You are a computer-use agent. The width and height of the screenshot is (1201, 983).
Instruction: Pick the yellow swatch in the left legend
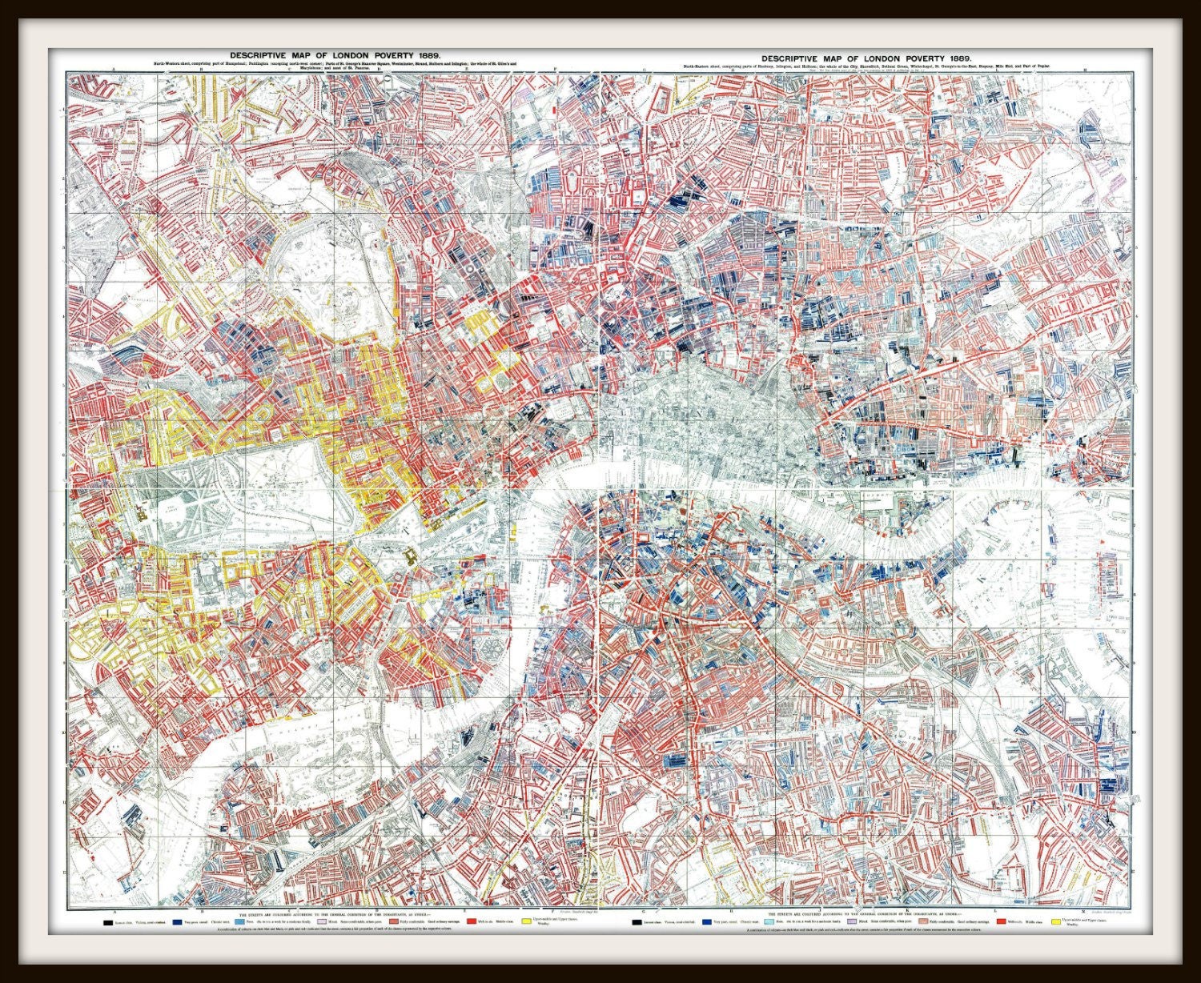[x=525, y=922]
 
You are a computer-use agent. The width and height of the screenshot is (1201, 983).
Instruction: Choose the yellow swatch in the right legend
[x=1055, y=922]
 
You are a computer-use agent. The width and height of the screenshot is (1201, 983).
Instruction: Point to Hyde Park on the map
[x=240, y=472]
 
